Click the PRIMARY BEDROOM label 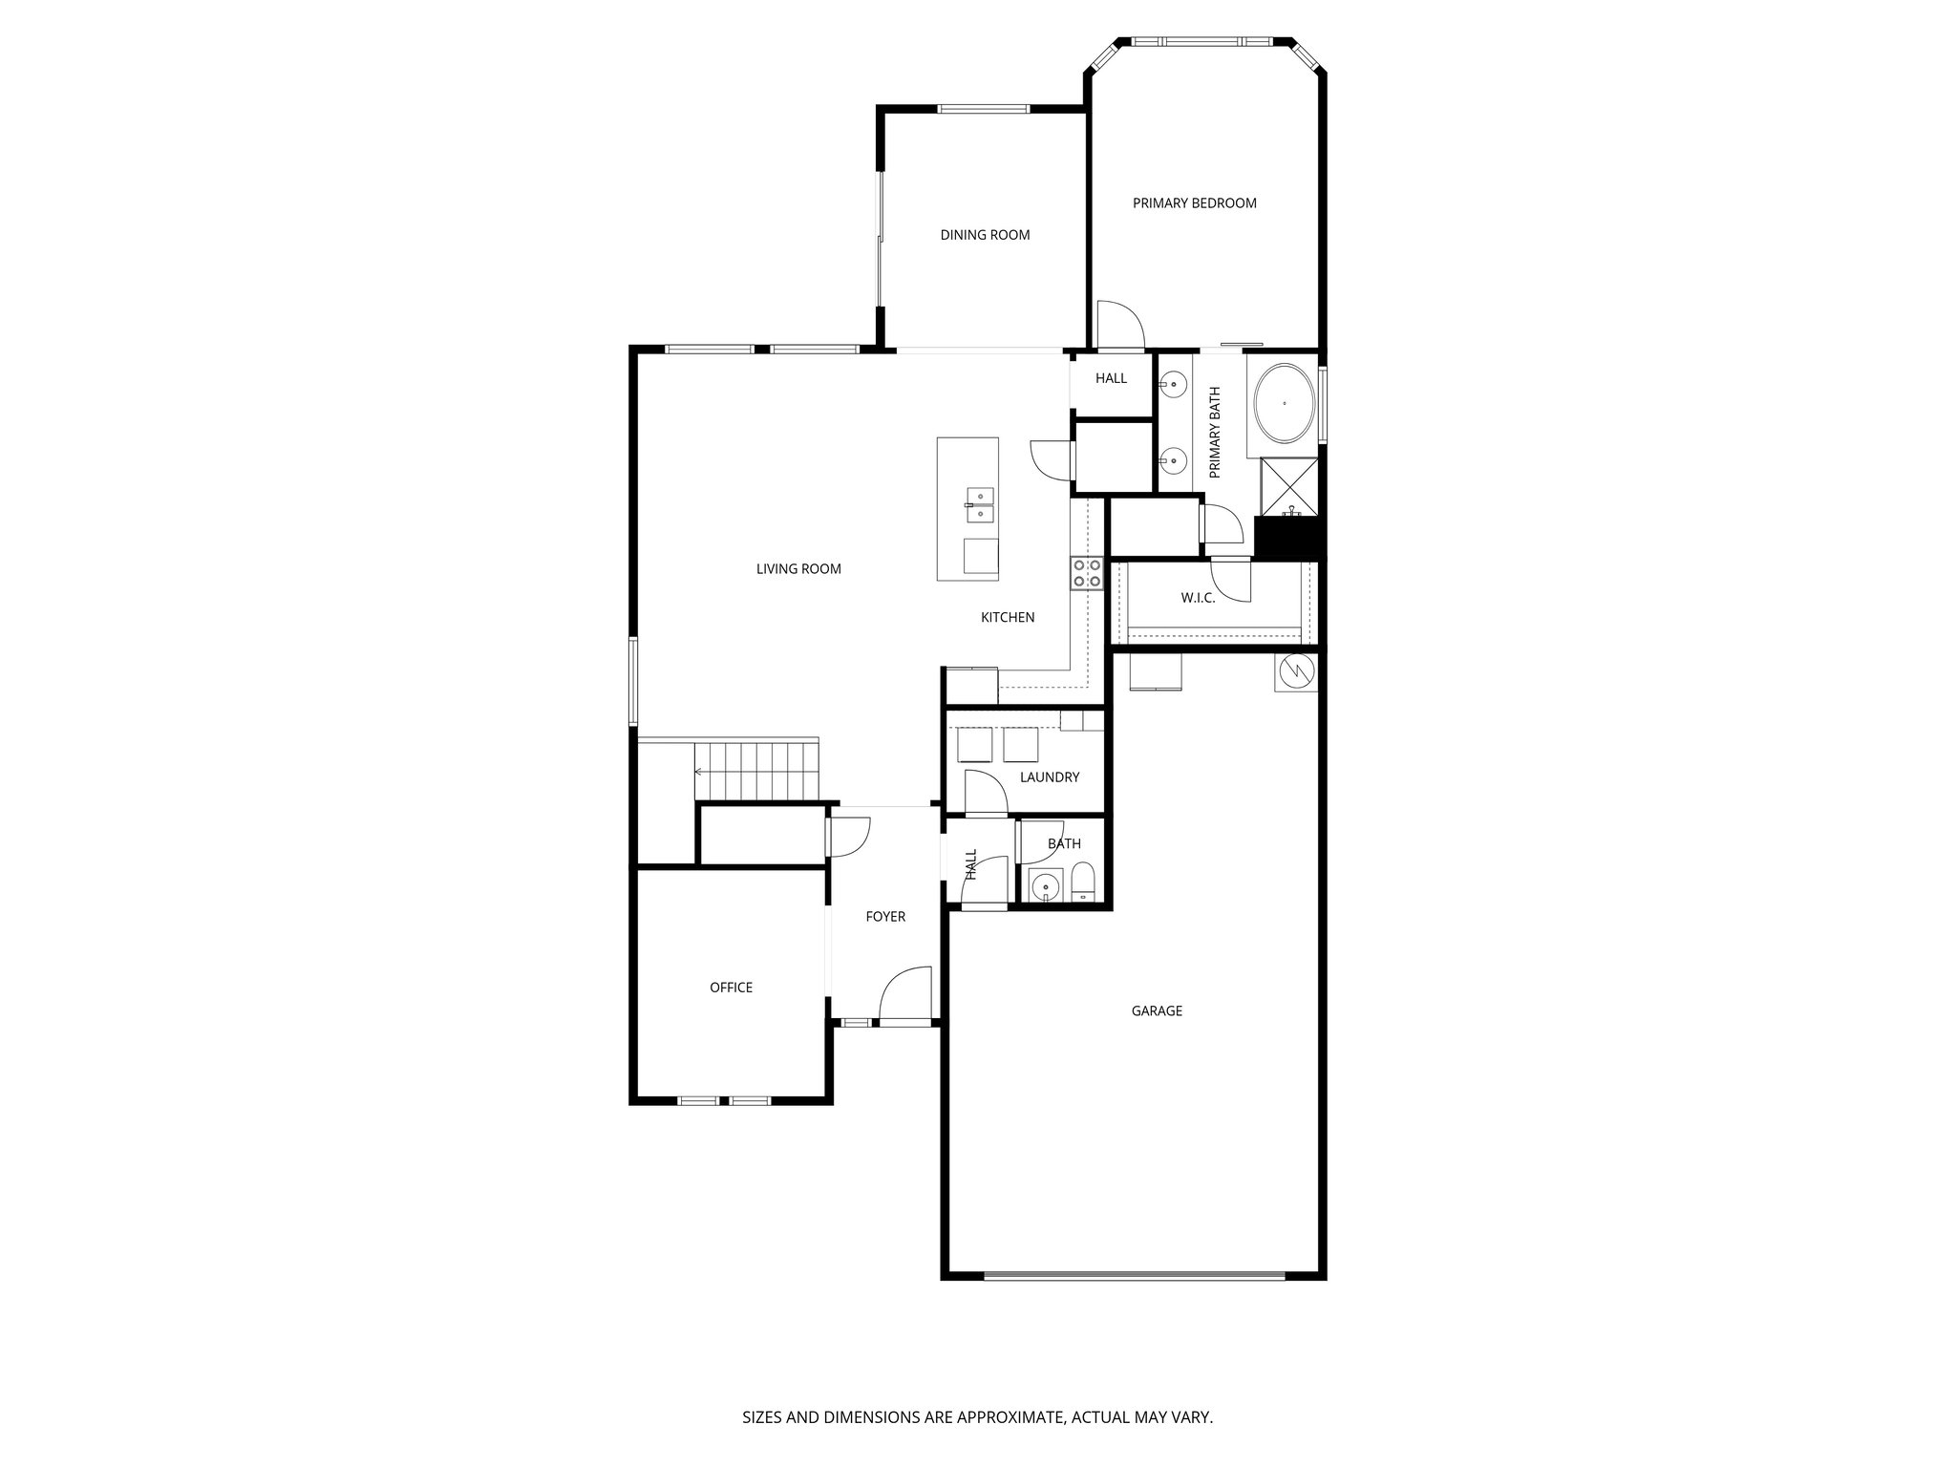(1194, 203)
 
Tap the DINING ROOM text (985, 235)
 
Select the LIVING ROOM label (798, 569)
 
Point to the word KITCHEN (1008, 618)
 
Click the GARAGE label (1157, 1010)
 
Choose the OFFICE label (731, 988)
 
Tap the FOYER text (885, 917)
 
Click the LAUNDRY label (1049, 777)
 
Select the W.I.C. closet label (1198, 598)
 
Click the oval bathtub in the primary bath (1285, 404)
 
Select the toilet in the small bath (1083, 883)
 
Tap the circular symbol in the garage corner (1296, 671)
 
